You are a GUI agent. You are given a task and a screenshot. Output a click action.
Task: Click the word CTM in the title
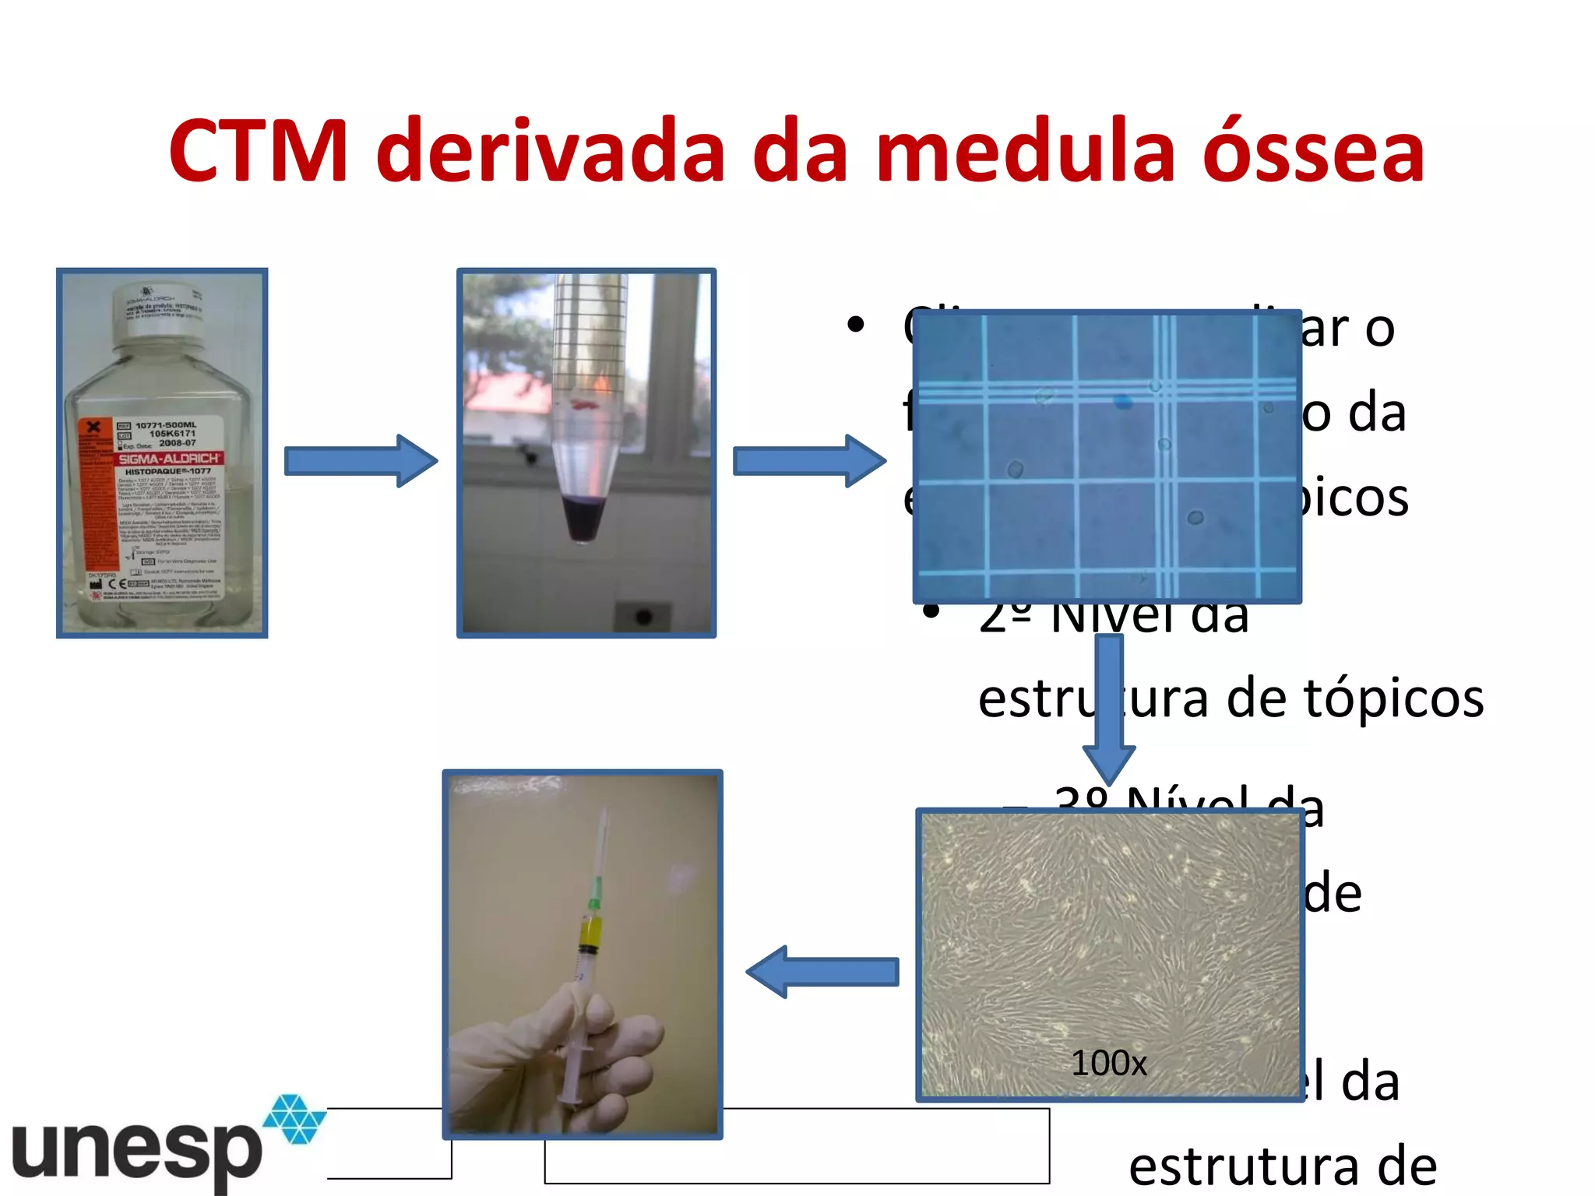coord(258,152)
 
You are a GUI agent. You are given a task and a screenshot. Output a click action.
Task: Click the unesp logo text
coord(136,1151)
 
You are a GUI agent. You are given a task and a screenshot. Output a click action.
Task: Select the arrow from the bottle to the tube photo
coord(360,460)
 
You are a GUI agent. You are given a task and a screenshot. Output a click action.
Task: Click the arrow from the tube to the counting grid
coord(808,460)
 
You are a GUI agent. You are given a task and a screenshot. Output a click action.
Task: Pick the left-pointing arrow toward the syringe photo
coord(822,971)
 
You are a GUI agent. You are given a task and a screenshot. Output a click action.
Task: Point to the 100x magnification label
coord(1109,1063)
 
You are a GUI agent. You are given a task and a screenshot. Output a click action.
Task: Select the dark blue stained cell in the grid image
coord(1122,402)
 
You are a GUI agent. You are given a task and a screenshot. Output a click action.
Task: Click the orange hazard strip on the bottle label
coord(95,498)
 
